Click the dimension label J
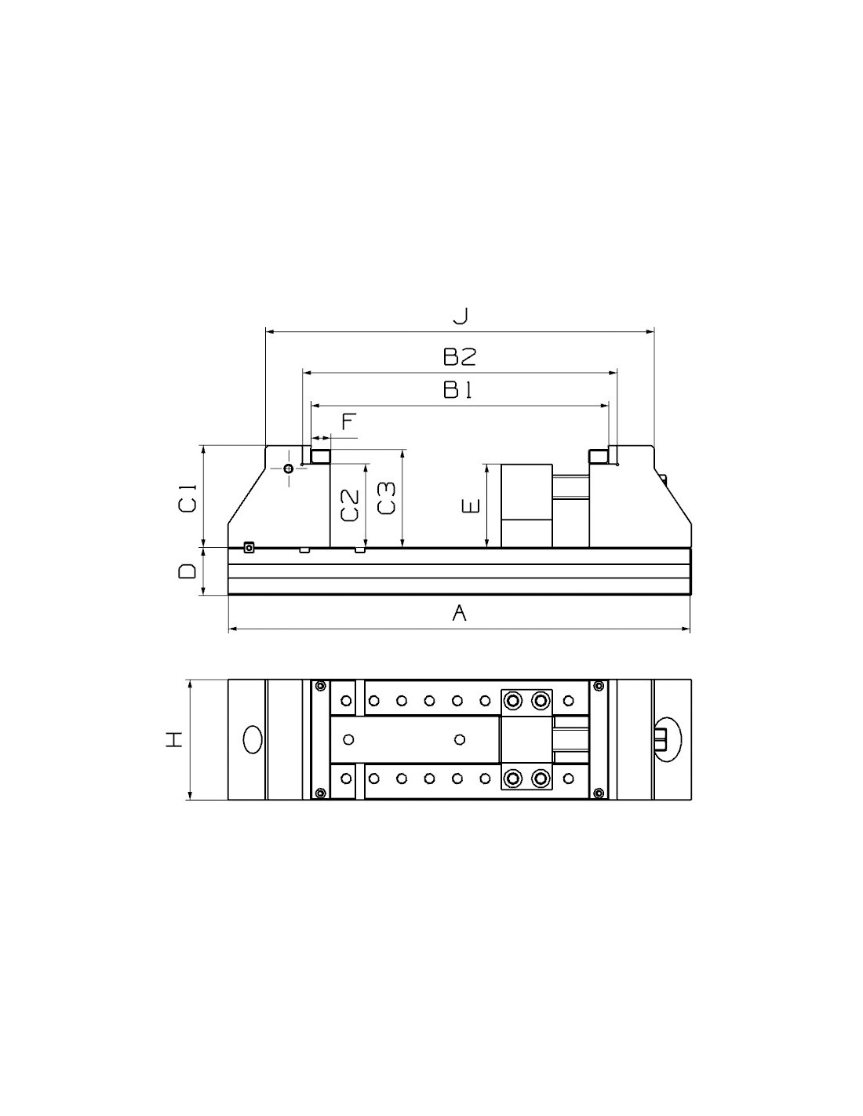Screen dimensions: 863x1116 [x=460, y=315]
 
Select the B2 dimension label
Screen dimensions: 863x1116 [x=460, y=356]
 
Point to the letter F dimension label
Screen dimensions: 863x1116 [x=349, y=421]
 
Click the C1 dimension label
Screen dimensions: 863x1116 [x=187, y=498]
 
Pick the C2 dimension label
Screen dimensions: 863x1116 [x=350, y=505]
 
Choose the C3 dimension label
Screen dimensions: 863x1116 [x=386, y=498]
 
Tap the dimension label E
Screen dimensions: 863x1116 [x=471, y=506]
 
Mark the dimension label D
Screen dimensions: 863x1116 [x=187, y=571]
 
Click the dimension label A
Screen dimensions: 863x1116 [x=459, y=613]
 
